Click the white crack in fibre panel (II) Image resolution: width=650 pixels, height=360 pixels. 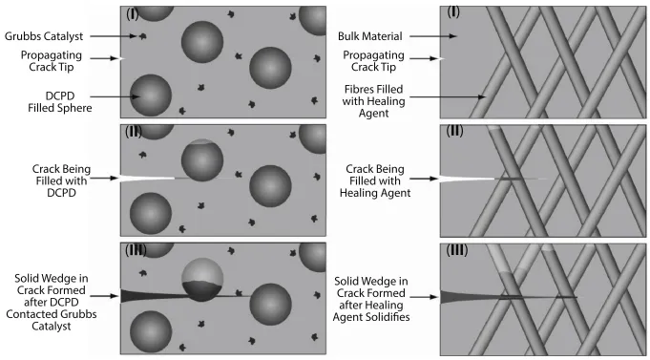(x=463, y=178)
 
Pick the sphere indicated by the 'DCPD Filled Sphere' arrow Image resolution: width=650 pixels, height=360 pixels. (x=151, y=95)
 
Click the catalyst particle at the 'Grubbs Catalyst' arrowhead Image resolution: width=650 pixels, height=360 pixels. (x=142, y=36)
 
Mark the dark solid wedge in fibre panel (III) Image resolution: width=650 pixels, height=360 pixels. (x=458, y=298)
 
